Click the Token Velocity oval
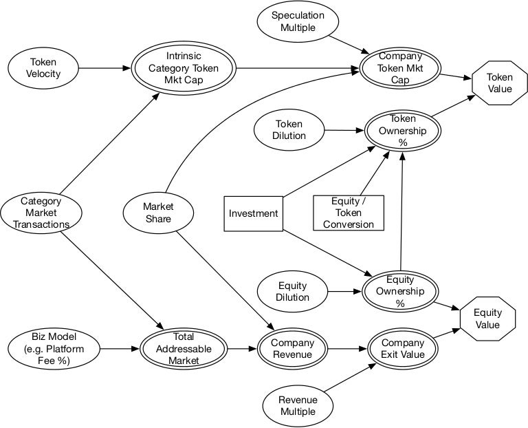pos(43,67)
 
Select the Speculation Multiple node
pos(297,21)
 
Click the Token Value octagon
pos(500,83)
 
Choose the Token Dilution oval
pos(289,129)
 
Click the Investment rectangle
pos(254,213)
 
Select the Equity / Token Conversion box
pos(349,213)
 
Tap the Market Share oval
pos(158,213)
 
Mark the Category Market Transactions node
pos(41,213)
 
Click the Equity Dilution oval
pos(293,292)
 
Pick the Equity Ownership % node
pos(400,291)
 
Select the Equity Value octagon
pos(487,318)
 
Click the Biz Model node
pos(54,348)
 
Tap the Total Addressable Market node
pos(184,348)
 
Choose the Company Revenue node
pos(292,348)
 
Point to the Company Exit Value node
pos(403,348)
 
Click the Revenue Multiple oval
pos(297,405)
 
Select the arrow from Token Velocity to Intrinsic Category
pos(103,67)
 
